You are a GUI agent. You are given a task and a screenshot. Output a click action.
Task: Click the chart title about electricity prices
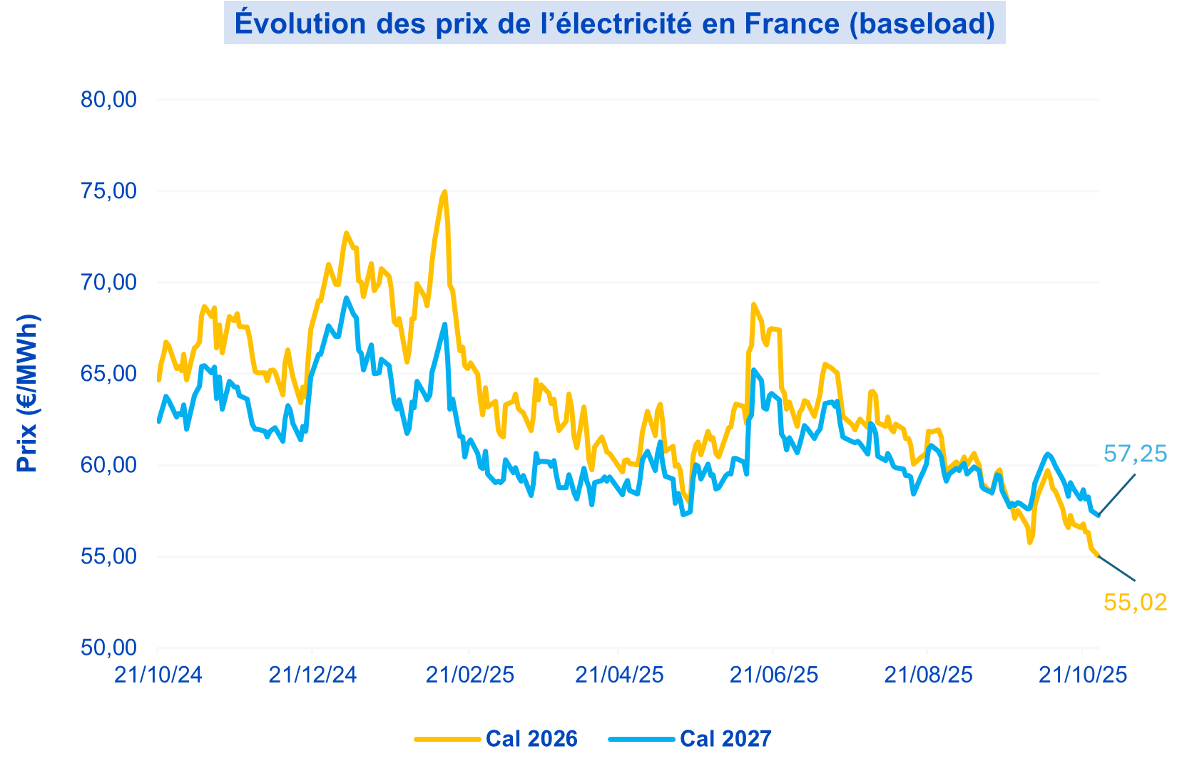click(x=614, y=24)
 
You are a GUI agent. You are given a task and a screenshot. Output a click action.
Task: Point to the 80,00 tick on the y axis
click(x=108, y=100)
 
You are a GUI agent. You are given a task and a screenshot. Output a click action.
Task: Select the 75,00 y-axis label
click(x=108, y=191)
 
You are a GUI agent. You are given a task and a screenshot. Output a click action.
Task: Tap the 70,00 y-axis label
click(x=108, y=282)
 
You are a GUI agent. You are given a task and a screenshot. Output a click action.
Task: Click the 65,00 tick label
click(x=108, y=374)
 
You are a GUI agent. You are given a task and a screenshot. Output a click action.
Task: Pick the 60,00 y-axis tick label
click(x=108, y=465)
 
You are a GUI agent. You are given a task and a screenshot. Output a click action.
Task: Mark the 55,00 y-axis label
click(x=108, y=556)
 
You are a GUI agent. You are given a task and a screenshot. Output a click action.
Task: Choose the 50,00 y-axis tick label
click(x=108, y=648)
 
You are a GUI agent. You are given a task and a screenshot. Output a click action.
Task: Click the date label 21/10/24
click(x=158, y=675)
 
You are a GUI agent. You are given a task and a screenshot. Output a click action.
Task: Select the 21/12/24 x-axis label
click(x=312, y=675)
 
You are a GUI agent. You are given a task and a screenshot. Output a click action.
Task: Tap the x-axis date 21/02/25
click(x=469, y=675)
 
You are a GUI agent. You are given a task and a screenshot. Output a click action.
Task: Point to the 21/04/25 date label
click(x=619, y=675)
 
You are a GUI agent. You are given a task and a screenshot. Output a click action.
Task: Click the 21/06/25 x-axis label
click(x=773, y=675)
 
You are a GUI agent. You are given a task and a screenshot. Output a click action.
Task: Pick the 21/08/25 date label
click(x=927, y=675)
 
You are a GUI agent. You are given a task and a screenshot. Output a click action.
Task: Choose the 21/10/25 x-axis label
click(x=1082, y=675)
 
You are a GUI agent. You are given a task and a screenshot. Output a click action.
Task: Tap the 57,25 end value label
click(x=1135, y=454)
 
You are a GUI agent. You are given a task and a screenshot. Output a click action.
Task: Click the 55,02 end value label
click(x=1135, y=603)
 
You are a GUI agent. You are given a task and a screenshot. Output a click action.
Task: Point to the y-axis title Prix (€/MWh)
click(x=27, y=393)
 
